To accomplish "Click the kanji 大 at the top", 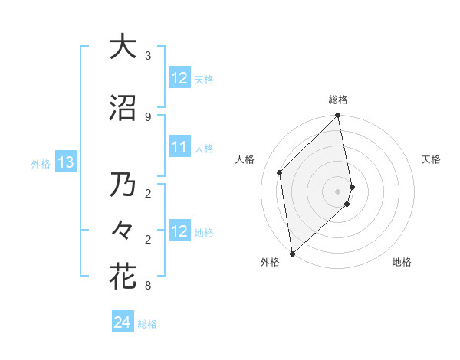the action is click(x=122, y=47).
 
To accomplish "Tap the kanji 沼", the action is click(x=122, y=108).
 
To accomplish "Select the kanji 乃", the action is click(x=122, y=186).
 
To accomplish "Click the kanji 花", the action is click(x=122, y=277).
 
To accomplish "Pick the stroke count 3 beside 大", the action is click(x=147, y=57).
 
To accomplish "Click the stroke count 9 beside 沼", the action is click(x=147, y=117).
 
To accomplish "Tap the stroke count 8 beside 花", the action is click(x=147, y=286).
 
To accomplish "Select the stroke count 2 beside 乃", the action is click(x=147, y=195).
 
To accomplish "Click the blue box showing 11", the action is click(x=179, y=148).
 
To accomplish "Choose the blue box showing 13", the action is click(x=65, y=162).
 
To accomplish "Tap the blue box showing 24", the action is click(x=122, y=323).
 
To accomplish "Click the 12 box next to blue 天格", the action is click(x=179, y=78).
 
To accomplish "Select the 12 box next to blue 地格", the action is click(x=179, y=232).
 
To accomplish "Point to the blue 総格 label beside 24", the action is click(x=147, y=324).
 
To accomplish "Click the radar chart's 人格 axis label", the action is click(x=245, y=159).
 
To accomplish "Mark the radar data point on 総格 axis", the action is click(x=337, y=116).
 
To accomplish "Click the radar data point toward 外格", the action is click(x=292, y=254).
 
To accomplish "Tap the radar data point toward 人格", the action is click(x=280, y=172).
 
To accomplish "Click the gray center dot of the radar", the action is click(x=337, y=191).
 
